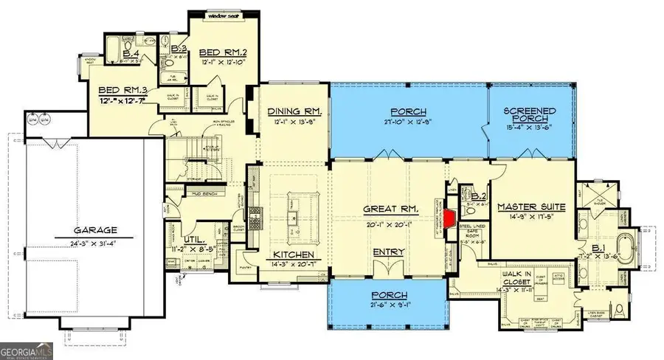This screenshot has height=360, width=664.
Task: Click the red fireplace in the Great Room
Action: click(x=449, y=219)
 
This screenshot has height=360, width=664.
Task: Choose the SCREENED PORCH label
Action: click(x=530, y=117)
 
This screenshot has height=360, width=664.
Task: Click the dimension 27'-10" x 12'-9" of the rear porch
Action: click(x=407, y=121)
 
